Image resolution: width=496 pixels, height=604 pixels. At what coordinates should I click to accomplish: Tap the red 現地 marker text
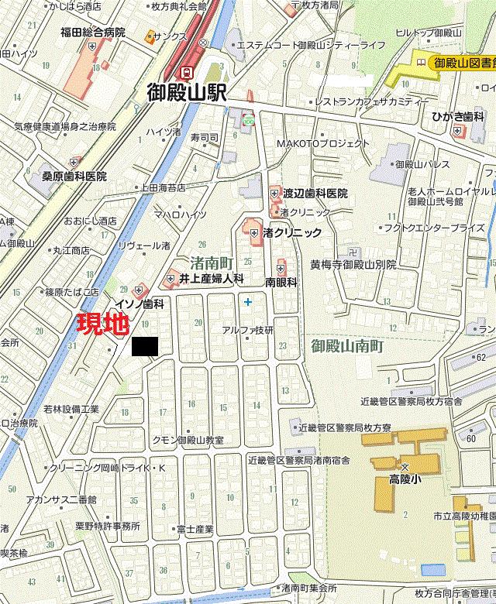tap(103, 325)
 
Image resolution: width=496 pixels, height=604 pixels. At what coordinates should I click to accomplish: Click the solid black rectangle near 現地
tap(144, 348)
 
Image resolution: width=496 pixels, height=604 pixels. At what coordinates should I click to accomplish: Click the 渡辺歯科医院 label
tap(315, 194)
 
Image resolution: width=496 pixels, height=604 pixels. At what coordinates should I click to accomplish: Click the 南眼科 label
tap(281, 283)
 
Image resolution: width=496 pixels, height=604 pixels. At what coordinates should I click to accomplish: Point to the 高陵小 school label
tap(404, 480)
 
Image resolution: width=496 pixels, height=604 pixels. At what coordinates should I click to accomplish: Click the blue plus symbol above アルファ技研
tap(248, 301)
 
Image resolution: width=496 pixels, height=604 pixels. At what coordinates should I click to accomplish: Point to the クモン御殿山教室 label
tap(188, 440)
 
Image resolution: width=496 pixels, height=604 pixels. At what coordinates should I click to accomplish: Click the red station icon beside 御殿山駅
tap(186, 71)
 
